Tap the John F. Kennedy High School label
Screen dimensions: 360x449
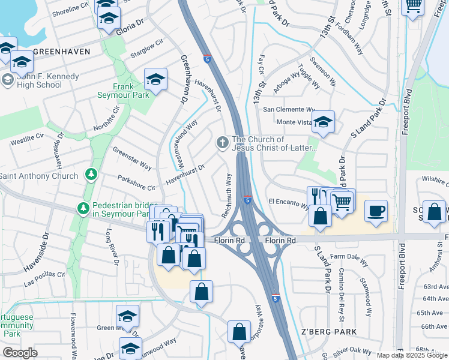pos(40,80)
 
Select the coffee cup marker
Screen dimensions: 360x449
pos(376,211)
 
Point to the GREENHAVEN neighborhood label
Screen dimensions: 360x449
pos(62,52)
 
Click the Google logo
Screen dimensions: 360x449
pos(20,353)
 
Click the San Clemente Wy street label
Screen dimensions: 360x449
pos(289,110)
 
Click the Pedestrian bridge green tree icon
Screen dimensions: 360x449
pos(83,209)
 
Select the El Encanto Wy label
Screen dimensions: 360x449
pos(288,202)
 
